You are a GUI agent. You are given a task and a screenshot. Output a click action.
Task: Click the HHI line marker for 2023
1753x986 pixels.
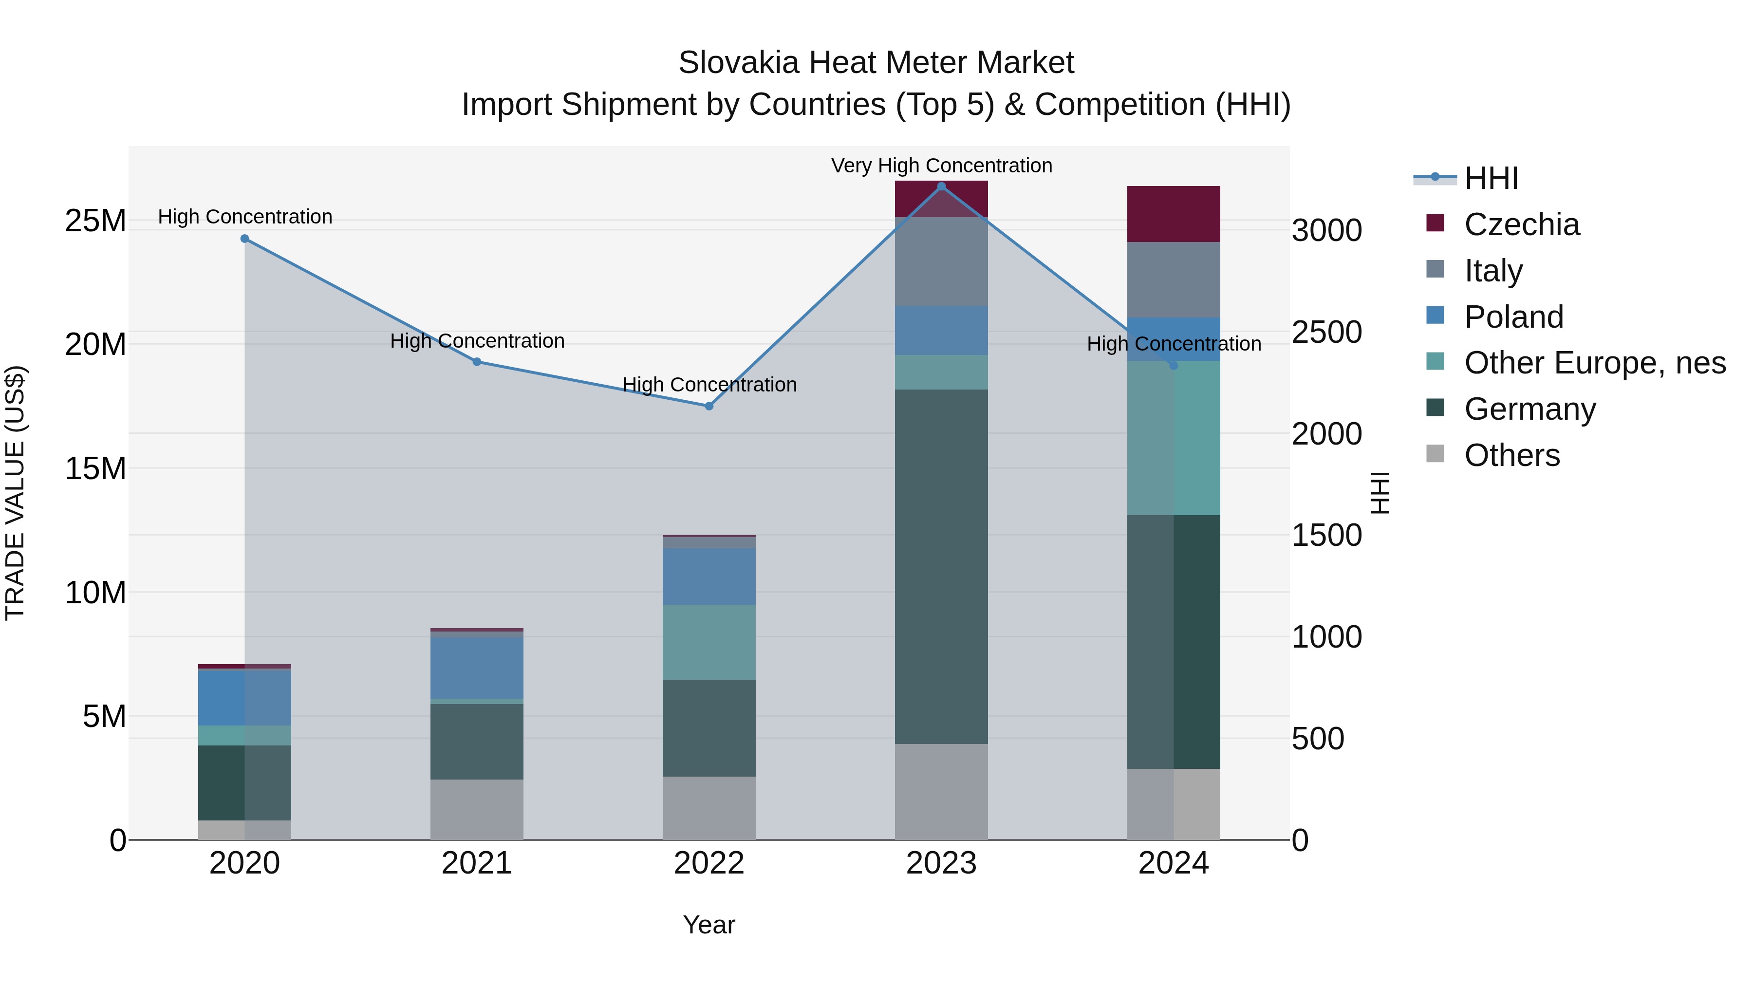click(x=941, y=186)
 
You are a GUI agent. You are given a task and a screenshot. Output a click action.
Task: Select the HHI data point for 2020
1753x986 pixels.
click(x=245, y=239)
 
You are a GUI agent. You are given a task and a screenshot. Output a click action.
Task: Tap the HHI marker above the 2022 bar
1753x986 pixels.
click(x=709, y=406)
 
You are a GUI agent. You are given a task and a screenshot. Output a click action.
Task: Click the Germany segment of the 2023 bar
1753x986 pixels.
click(x=941, y=566)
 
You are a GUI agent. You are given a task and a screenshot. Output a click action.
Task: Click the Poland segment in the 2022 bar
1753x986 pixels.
click(x=709, y=577)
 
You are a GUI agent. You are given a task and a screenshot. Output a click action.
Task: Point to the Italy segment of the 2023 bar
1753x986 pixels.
click(x=941, y=262)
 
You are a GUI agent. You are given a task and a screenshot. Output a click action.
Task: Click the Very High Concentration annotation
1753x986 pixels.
click(x=941, y=166)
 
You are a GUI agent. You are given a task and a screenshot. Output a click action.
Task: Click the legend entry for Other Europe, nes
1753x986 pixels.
click(x=1594, y=363)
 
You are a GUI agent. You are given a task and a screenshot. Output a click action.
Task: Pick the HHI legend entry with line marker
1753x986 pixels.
click(x=1491, y=178)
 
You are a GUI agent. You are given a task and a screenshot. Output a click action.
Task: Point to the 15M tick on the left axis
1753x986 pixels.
click(x=95, y=468)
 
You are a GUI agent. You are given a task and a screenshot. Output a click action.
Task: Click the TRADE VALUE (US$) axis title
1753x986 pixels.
click(x=15, y=493)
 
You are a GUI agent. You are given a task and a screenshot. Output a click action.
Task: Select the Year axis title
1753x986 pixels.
click(x=709, y=925)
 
